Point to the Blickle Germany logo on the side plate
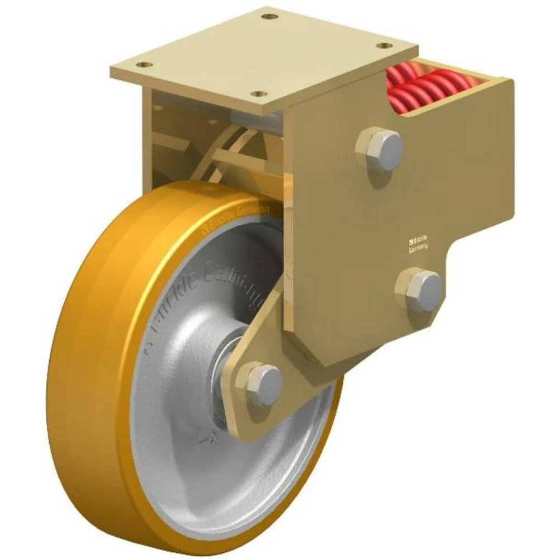point(418,245)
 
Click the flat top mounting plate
point(263,53)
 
